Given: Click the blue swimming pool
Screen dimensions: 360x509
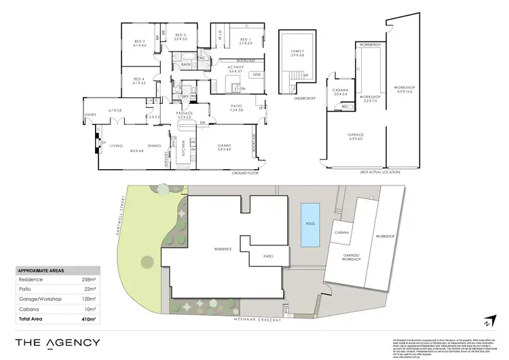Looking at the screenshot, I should pos(310,225).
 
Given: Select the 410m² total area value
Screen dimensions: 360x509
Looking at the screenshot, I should pos(86,318).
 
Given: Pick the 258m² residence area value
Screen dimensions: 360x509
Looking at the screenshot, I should pos(88,279).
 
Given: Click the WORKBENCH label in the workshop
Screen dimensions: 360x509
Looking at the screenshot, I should pos(372,43).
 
